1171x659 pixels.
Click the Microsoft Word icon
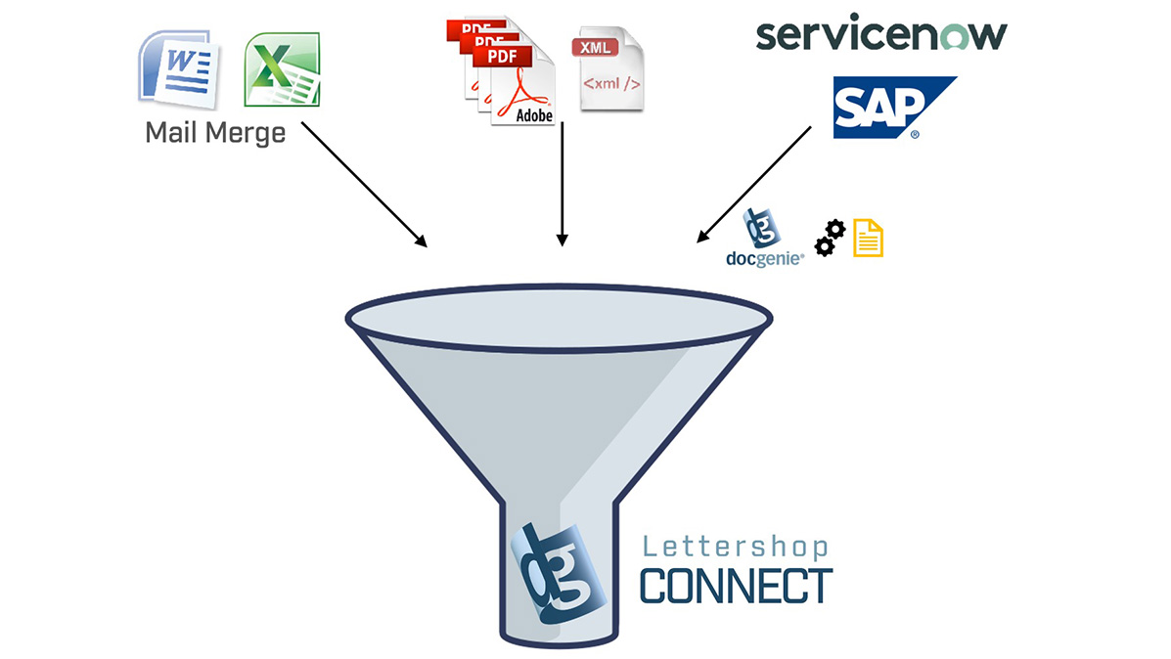coord(179,66)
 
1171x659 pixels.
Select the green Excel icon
coord(283,68)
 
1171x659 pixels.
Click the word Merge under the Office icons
coord(247,133)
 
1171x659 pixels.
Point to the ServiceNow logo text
coord(880,34)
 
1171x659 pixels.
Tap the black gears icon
coord(830,238)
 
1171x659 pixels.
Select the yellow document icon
coord(868,238)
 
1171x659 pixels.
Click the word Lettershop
coord(735,547)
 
